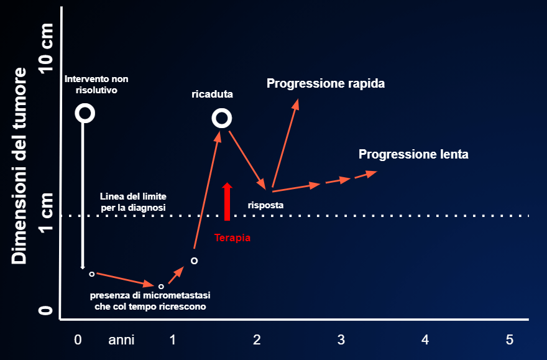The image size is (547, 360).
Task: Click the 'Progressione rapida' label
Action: click(x=326, y=84)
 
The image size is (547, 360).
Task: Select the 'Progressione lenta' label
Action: click(x=413, y=154)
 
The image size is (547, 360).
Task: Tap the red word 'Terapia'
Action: click(x=232, y=238)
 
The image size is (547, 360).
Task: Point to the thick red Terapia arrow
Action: click(x=227, y=201)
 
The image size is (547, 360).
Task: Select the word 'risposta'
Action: click(x=265, y=205)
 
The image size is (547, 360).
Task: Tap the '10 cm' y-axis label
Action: click(x=46, y=48)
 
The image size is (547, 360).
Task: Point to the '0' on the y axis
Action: click(x=46, y=310)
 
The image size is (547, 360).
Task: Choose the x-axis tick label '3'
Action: click(x=341, y=339)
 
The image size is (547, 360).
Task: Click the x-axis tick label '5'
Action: click(x=510, y=339)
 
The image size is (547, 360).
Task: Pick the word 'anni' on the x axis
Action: click(x=121, y=340)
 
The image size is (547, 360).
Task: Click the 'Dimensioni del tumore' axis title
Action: click(x=19, y=165)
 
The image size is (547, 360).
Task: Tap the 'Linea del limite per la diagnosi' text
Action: click(x=133, y=202)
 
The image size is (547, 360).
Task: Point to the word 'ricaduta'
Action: click(x=212, y=94)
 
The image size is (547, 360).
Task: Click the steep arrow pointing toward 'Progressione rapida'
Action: click(x=285, y=143)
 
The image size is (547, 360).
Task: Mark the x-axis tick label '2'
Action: click(x=257, y=339)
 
